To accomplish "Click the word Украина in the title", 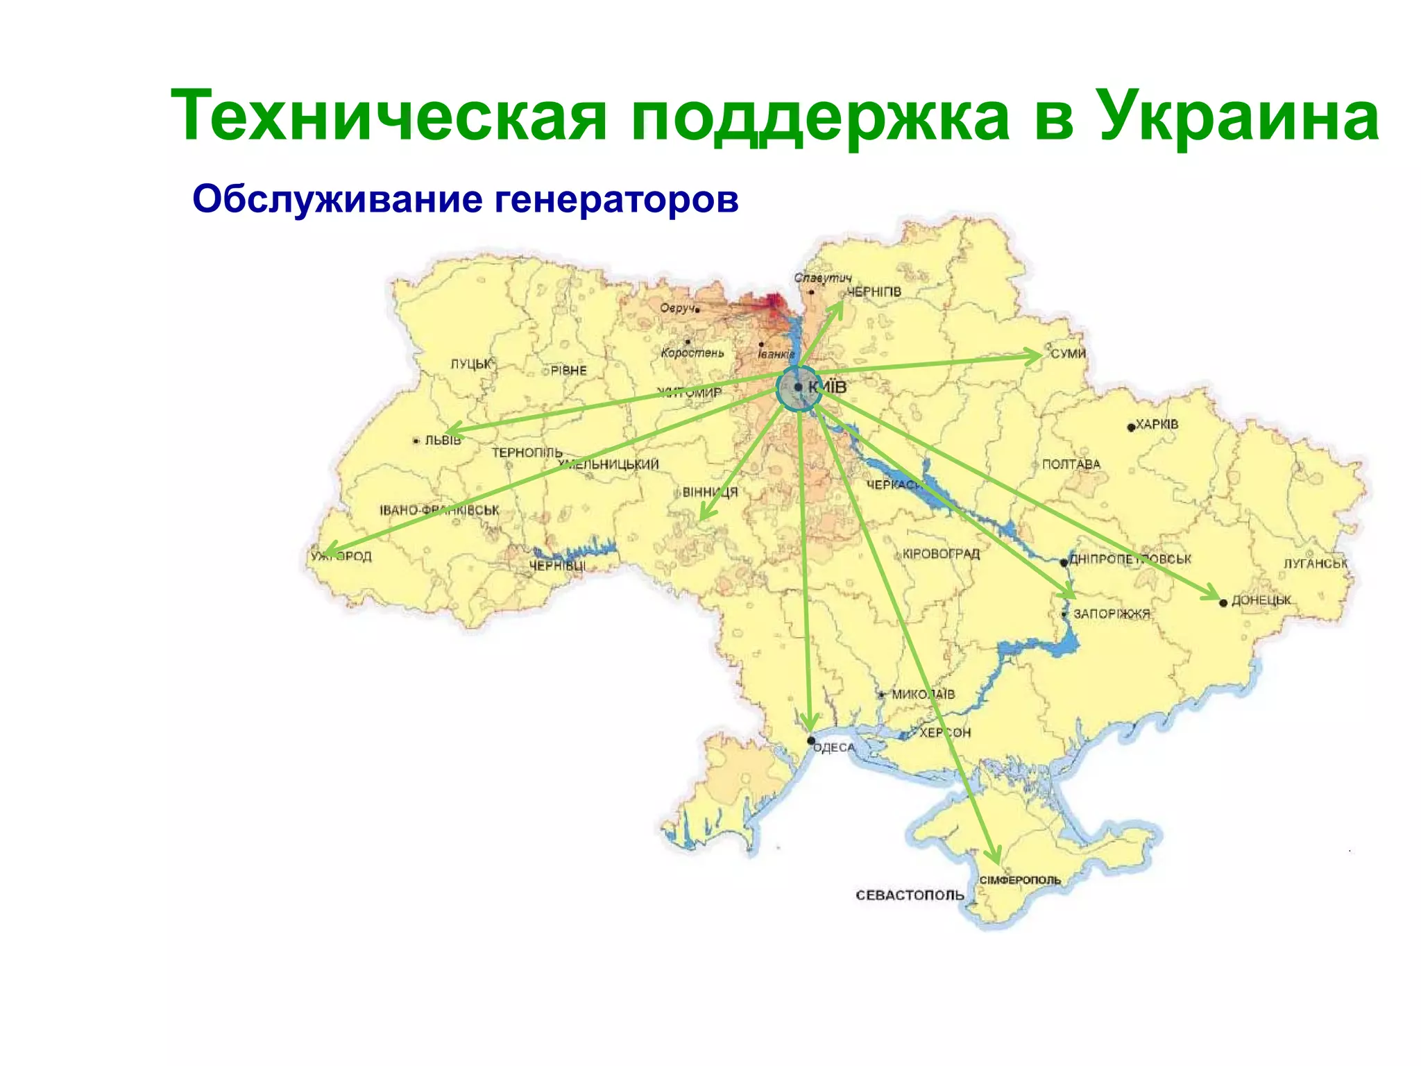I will [1239, 115].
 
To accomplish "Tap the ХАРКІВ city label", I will [1157, 423].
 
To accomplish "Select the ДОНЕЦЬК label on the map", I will [1261, 600].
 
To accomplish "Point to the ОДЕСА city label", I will [834, 747].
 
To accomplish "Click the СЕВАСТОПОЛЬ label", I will [910, 895].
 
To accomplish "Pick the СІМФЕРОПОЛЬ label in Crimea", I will [1020, 880].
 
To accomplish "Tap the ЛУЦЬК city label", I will [471, 364].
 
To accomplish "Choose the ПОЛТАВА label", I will [1071, 464].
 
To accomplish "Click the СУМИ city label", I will [1069, 353].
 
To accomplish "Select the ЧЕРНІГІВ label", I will [874, 291].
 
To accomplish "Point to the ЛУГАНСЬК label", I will [1316, 564].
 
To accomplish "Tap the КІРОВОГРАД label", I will [942, 554].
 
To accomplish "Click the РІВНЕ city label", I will [569, 371].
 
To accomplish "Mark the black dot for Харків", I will [1131, 427].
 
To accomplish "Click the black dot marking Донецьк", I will [1223, 602].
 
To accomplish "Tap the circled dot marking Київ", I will [799, 387].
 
